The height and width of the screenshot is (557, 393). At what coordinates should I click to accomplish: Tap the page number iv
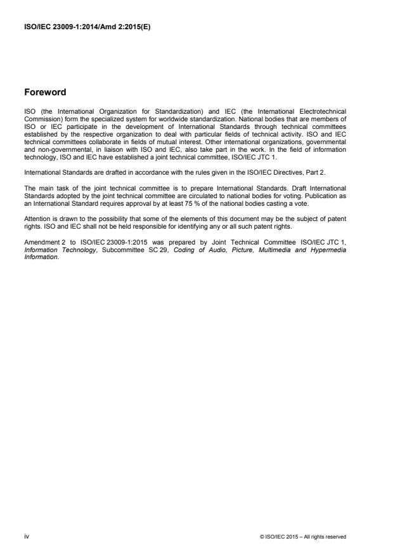(27, 537)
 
